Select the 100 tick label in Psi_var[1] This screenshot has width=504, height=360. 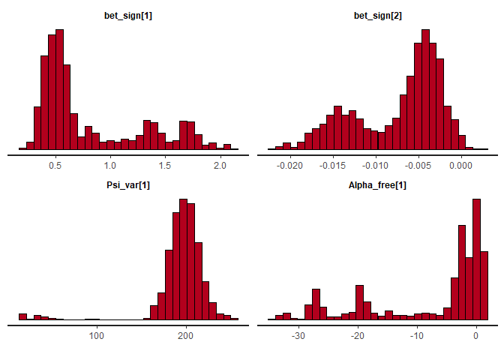(96, 334)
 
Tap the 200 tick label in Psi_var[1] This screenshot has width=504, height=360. (186, 334)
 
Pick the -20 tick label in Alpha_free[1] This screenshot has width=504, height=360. (358, 334)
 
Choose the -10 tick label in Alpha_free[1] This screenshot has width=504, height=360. (417, 334)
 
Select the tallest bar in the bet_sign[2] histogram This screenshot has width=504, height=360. (425, 90)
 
